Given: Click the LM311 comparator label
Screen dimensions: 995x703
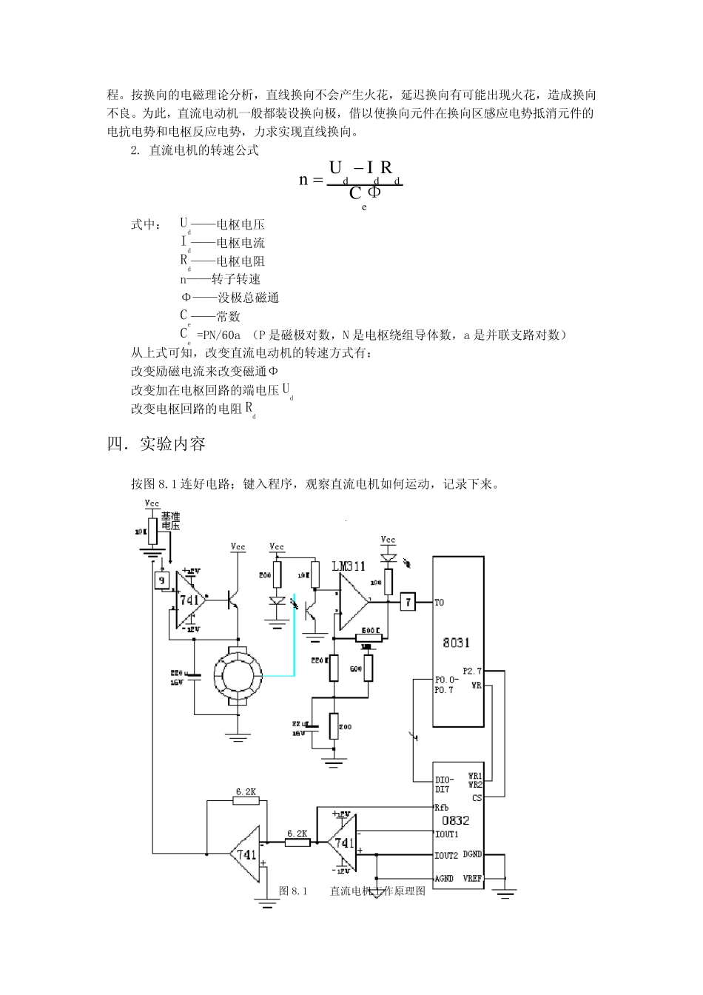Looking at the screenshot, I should (x=349, y=566).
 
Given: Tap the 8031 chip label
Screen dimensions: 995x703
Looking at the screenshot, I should (x=456, y=643).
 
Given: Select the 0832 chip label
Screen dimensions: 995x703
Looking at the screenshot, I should (x=456, y=820).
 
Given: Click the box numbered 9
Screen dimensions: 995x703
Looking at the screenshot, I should (x=162, y=580).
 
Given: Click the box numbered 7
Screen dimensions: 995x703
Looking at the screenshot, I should (x=408, y=602).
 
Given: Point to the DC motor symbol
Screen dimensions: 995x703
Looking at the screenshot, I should (x=238, y=675).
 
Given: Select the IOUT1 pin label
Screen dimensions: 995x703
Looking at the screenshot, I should (x=446, y=834).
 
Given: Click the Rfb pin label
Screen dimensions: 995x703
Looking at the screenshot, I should (x=442, y=808).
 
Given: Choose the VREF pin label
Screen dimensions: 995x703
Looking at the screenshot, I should (x=472, y=878).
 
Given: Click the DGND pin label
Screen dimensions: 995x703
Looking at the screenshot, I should (x=472, y=854).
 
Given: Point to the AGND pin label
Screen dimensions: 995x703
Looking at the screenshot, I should (x=444, y=879).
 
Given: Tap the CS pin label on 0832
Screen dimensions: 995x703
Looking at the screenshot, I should (x=477, y=797).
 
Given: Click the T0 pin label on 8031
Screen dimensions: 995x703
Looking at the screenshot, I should (x=439, y=603).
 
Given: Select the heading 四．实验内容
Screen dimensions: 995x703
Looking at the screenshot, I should (x=156, y=443).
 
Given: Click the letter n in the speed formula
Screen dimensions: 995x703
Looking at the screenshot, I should (x=303, y=180).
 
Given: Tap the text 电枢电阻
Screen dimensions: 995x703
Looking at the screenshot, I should (x=240, y=261).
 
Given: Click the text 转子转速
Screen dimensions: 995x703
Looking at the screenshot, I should (x=236, y=279).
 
